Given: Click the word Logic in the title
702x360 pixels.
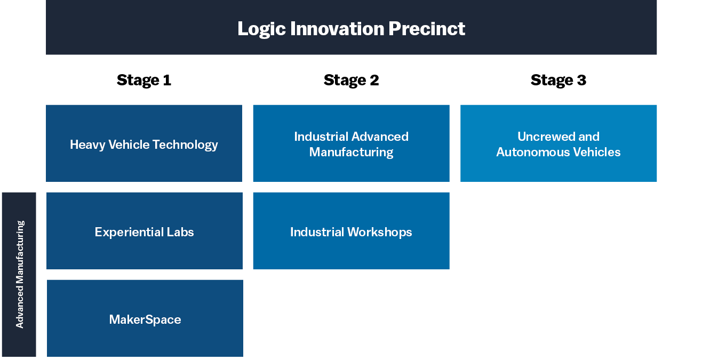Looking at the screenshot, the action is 261,29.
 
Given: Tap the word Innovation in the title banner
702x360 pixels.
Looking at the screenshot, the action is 337,29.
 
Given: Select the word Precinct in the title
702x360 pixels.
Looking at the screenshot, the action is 427,29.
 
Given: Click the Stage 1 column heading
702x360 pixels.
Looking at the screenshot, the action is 144,80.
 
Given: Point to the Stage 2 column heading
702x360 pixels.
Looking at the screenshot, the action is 352,80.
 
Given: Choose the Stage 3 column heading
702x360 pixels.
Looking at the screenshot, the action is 559,80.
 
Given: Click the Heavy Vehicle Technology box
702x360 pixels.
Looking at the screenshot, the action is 144,143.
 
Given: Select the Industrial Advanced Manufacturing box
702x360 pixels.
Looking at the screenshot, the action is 352,143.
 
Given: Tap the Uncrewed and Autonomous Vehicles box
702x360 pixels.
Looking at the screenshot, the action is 559,143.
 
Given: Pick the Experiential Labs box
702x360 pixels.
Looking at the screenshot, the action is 145,230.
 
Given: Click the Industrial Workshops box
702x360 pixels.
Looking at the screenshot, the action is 352,230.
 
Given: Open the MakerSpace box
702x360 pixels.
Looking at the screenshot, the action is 145,318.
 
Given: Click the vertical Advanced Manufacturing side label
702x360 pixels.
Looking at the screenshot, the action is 19,275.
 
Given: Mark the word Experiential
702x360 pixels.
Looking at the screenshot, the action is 129,232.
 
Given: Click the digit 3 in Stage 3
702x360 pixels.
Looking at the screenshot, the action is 581,80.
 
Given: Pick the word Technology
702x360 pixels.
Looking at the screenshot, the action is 185,145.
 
